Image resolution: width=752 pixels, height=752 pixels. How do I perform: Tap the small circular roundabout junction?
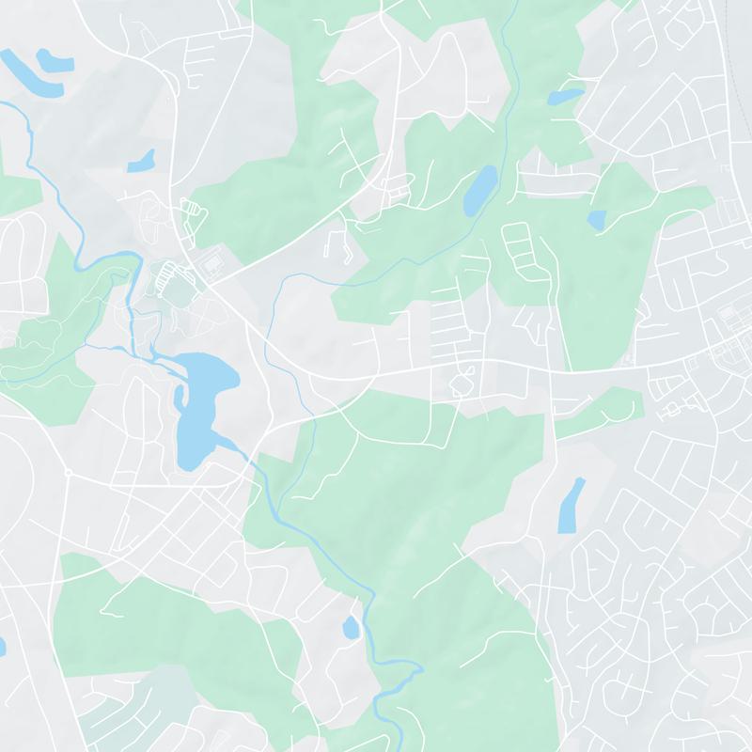click(68, 472)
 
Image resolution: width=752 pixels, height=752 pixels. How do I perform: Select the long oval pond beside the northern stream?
click(479, 190)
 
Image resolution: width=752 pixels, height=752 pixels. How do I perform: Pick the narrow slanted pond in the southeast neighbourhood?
click(571, 505)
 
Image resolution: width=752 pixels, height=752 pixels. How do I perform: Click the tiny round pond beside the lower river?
click(351, 627)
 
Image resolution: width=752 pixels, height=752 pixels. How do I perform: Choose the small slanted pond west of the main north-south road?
click(141, 161)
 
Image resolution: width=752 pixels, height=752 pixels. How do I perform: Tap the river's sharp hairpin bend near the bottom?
click(414, 669)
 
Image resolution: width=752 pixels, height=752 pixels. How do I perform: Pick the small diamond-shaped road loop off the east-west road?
click(461, 384)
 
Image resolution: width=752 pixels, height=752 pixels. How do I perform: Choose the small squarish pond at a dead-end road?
click(596, 220)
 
